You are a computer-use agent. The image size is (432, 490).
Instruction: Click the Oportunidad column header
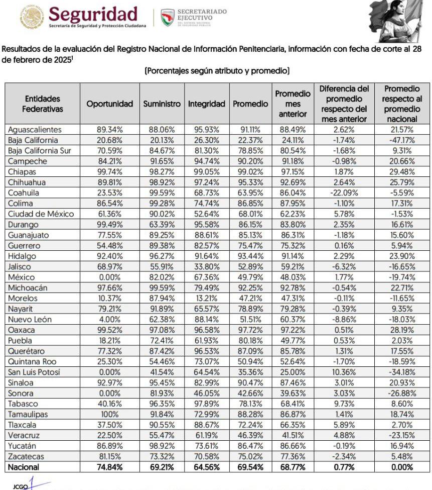pyautogui.click(x=110, y=104)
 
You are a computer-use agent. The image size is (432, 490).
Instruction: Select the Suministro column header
pyautogui.click(x=162, y=104)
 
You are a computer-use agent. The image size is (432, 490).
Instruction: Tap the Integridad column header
pyautogui.click(x=207, y=104)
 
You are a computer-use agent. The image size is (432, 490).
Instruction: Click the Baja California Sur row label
pyautogui.click(x=40, y=151)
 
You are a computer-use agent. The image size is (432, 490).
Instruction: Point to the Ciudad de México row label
pyautogui.click(x=41, y=214)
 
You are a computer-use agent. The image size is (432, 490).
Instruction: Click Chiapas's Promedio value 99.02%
pyautogui.click(x=250, y=172)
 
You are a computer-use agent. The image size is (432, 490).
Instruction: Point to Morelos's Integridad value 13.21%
pyautogui.click(x=207, y=299)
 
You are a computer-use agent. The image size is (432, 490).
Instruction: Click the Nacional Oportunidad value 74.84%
pyautogui.click(x=109, y=467)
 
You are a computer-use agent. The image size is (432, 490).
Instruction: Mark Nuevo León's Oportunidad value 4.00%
pyautogui.click(x=109, y=320)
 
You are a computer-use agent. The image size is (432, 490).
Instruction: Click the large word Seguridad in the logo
pyautogui.click(x=93, y=13)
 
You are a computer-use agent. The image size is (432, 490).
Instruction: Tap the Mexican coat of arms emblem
pyautogui.click(x=32, y=17)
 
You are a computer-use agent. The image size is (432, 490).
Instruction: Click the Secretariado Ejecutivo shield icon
pyautogui.click(x=168, y=17)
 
